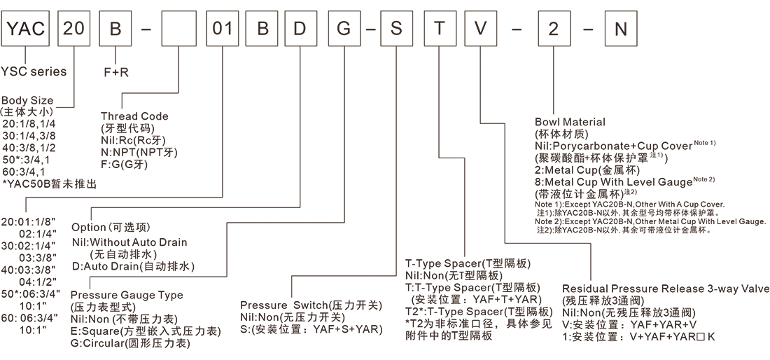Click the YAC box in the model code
tap(26, 30)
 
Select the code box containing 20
tap(73, 30)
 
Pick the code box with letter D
tap(300, 30)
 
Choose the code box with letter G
tap(345, 30)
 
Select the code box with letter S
tap(397, 30)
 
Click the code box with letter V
tap(479, 30)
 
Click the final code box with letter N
tap(620, 30)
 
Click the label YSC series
tap(34, 71)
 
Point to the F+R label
tap(117, 71)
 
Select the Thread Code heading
tap(134, 116)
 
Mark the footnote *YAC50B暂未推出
tap(49, 184)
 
